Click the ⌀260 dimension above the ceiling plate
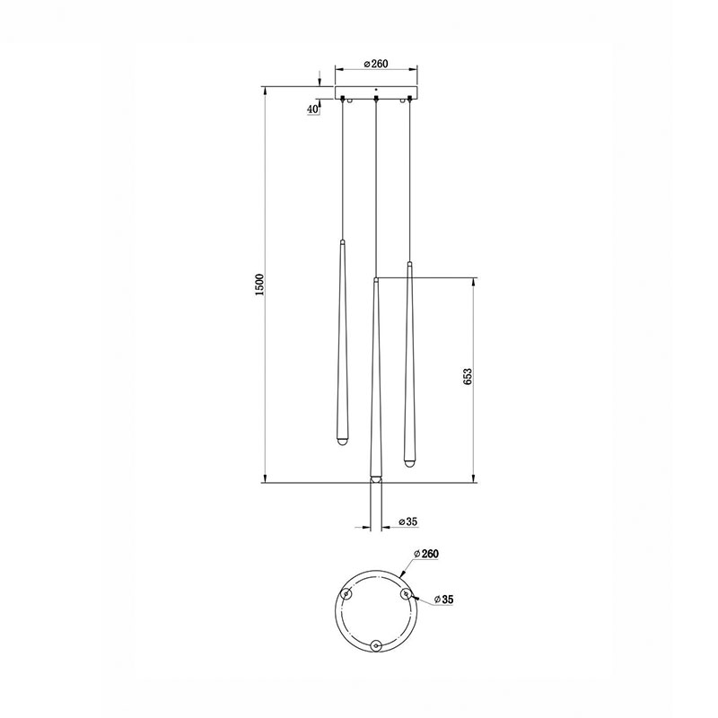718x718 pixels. coord(376,64)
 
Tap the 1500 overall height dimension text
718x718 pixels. coord(259,285)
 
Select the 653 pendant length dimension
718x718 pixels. coord(467,375)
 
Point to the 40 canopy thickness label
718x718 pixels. coord(312,109)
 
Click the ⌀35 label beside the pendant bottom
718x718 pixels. coord(408,521)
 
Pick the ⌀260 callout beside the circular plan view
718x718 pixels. coord(425,554)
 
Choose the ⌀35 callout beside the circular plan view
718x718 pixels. coord(443,599)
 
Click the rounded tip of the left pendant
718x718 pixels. coord(342,442)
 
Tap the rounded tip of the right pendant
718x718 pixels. coord(409,463)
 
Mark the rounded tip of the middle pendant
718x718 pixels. coord(375,479)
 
